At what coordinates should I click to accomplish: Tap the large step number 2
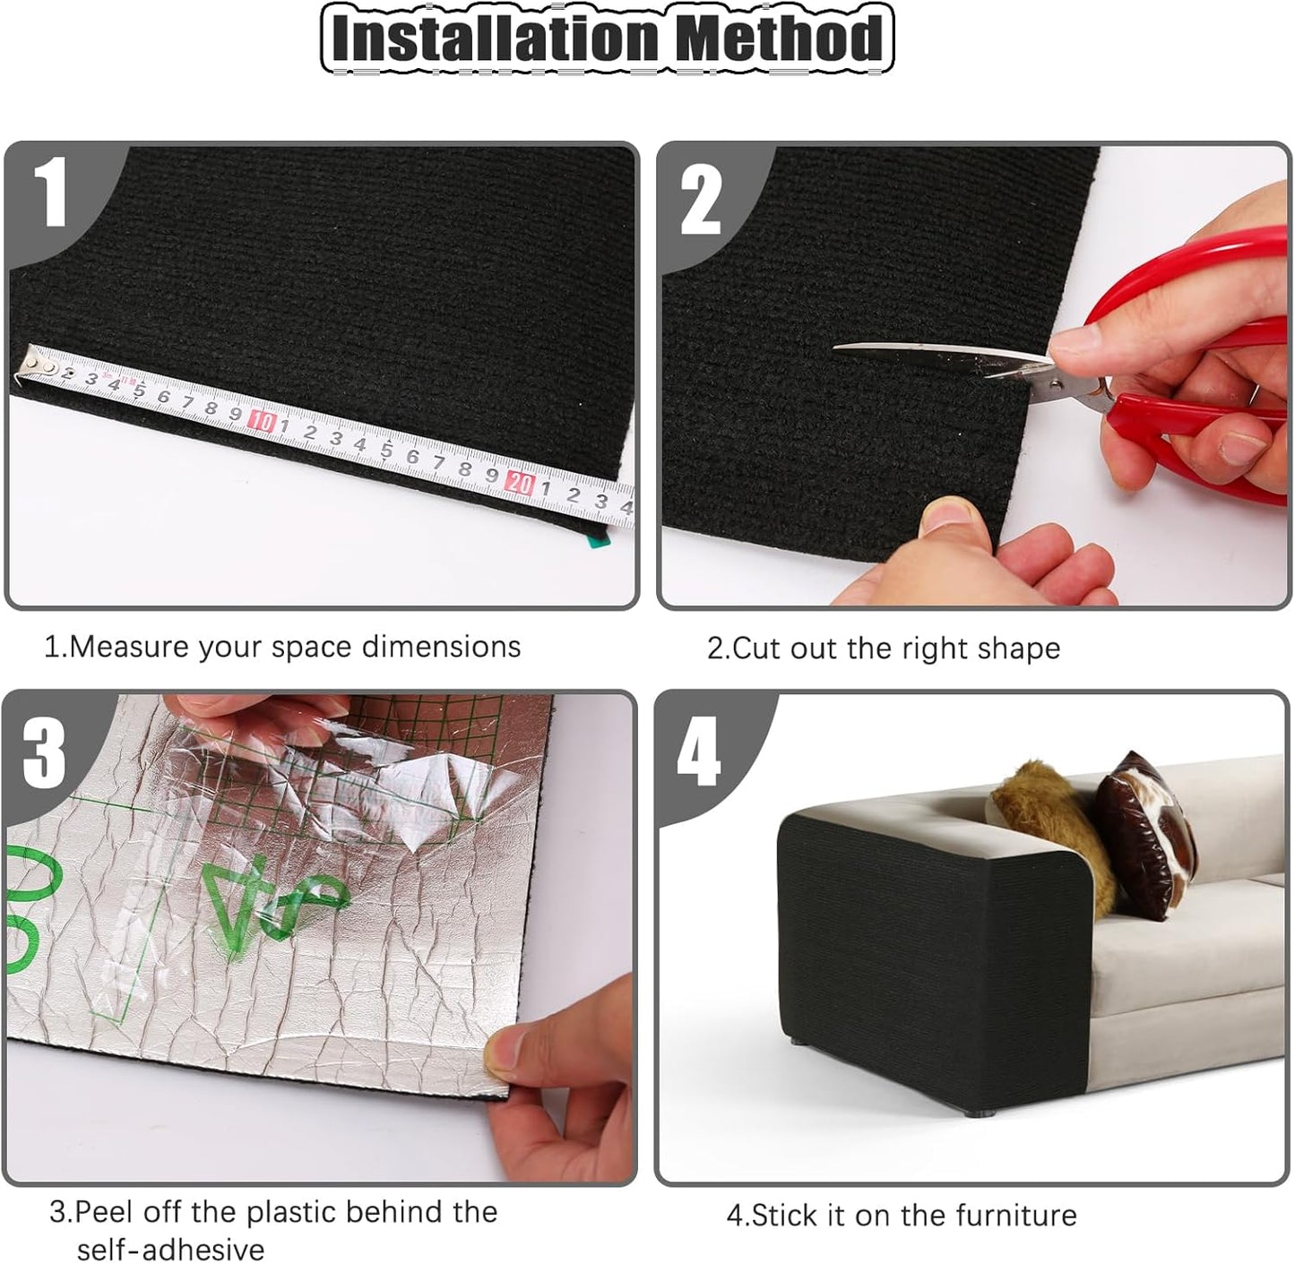pos(701,201)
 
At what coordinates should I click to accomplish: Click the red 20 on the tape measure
pos(519,484)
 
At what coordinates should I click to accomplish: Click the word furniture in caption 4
pos(1016,1216)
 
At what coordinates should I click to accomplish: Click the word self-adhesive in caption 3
pos(170,1249)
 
